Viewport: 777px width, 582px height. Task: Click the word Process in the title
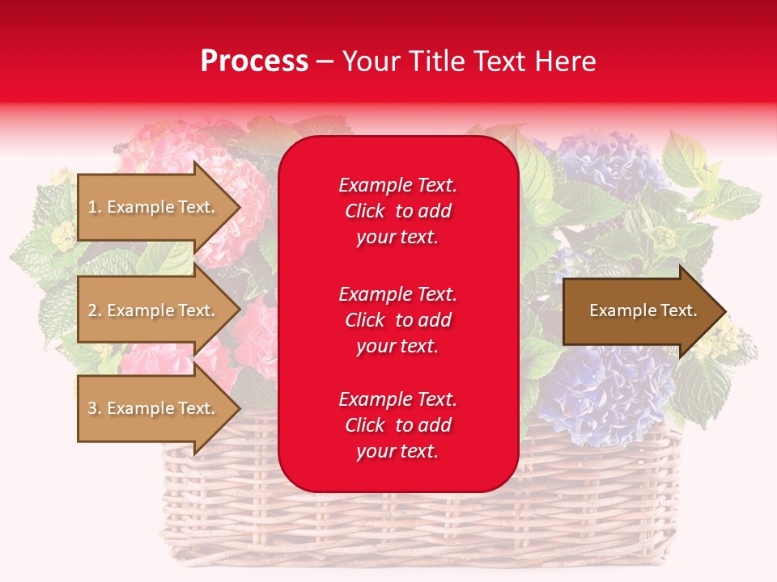point(254,61)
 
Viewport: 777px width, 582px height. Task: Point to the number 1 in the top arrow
point(92,207)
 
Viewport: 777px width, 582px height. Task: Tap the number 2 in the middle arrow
point(92,310)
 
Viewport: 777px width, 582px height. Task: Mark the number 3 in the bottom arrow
point(92,408)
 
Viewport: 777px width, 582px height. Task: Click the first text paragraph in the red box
point(397,211)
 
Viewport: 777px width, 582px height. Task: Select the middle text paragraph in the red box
point(397,320)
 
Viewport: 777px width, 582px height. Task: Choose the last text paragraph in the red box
point(397,425)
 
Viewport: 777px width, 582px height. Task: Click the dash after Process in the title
point(325,62)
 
